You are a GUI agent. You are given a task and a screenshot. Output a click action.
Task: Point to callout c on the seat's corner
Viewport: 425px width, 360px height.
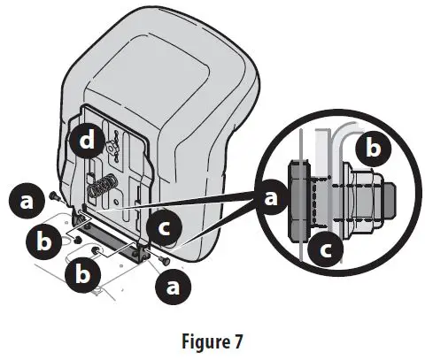point(163,228)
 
